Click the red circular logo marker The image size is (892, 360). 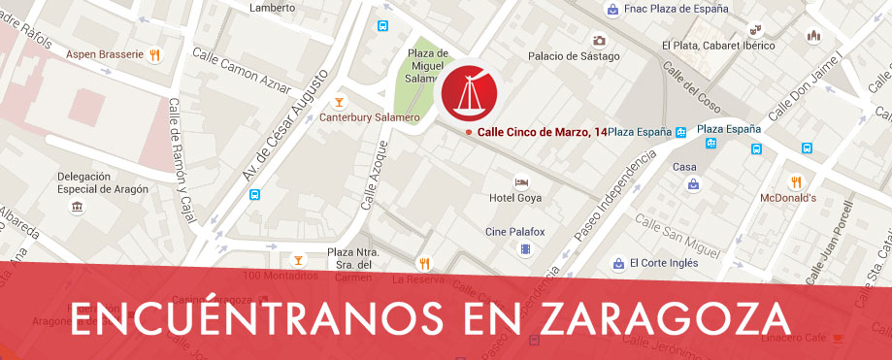[x=469, y=94]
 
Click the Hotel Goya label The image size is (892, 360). [x=514, y=198]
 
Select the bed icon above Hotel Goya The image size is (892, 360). [x=521, y=181]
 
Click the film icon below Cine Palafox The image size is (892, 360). [x=525, y=249]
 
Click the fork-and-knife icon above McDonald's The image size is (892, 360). [x=797, y=181]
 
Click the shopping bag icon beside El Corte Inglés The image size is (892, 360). [x=617, y=263]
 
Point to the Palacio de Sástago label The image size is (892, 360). [x=574, y=56]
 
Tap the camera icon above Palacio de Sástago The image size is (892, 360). [x=599, y=41]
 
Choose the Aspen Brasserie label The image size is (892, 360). [x=106, y=54]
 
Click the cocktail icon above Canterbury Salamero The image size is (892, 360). [x=339, y=101]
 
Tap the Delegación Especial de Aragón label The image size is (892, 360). [x=103, y=182]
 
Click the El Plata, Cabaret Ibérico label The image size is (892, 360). [x=718, y=45]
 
